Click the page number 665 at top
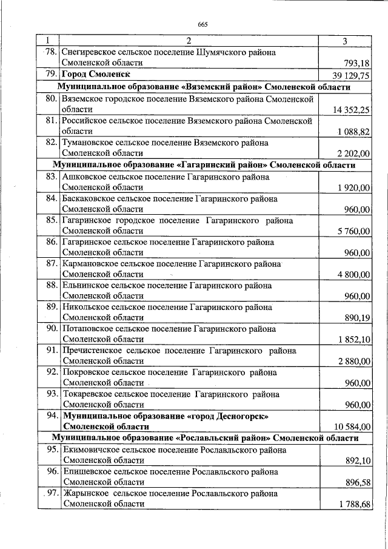click(x=202, y=24)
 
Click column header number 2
click(x=189, y=41)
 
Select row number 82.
click(x=51, y=143)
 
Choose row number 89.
click(x=51, y=307)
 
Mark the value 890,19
click(x=357, y=317)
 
